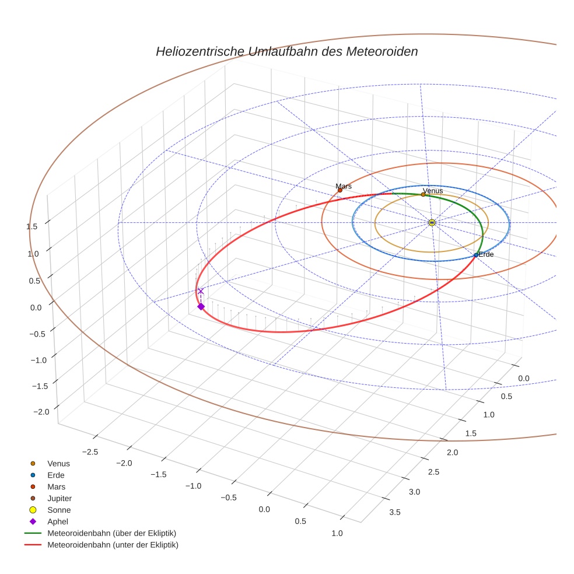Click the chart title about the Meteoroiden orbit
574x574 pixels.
point(286,51)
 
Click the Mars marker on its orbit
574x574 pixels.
point(340,190)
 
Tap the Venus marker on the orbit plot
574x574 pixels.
point(423,194)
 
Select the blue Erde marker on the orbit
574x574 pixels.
point(476,255)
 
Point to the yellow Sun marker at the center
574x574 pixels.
point(432,222)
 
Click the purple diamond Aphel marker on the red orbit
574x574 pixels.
point(201,306)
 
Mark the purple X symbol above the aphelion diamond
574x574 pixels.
point(201,291)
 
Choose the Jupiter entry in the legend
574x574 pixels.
point(60,498)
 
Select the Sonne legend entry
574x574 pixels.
point(59,510)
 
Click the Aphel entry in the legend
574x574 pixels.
point(58,521)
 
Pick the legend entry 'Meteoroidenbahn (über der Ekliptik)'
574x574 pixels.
point(111,533)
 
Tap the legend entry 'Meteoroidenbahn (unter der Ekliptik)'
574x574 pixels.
point(113,545)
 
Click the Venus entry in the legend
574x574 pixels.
point(58,463)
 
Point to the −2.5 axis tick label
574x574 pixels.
point(91,452)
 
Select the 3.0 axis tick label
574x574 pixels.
point(414,492)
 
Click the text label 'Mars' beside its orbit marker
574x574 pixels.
point(344,186)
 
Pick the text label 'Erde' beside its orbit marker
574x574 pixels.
point(486,254)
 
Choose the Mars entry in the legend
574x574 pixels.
point(56,487)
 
